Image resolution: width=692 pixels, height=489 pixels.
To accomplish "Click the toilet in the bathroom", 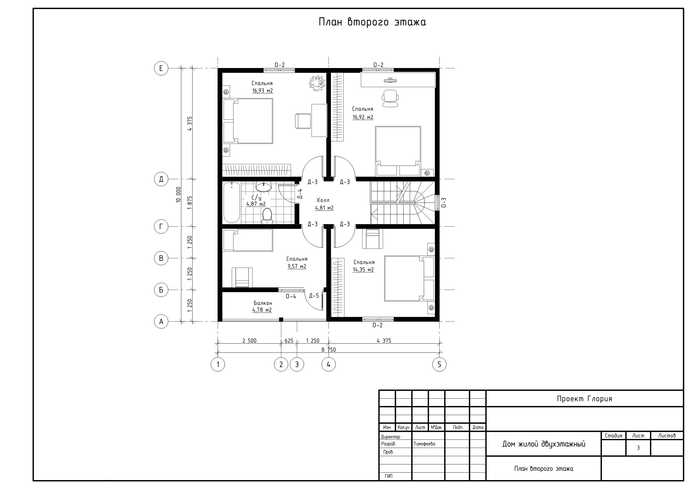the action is pyautogui.click(x=267, y=216).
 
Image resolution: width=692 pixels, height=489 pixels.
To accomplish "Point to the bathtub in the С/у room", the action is pyautogui.click(x=232, y=202).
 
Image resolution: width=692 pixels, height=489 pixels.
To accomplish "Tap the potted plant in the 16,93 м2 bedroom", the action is pyautogui.click(x=317, y=83).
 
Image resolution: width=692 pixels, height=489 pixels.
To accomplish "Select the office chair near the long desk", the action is pyautogui.click(x=390, y=98).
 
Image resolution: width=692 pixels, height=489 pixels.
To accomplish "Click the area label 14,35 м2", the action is pyautogui.click(x=363, y=270).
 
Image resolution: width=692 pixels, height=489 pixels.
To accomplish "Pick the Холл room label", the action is pyautogui.click(x=323, y=200).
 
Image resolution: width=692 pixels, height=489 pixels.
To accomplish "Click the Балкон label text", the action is pyautogui.click(x=263, y=303).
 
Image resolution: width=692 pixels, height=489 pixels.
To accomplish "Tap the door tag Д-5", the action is pyautogui.click(x=314, y=296).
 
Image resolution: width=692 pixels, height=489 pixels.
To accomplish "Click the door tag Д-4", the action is pyautogui.click(x=300, y=194).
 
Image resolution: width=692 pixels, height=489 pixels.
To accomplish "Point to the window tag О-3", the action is pyautogui.click(x=443, y=202).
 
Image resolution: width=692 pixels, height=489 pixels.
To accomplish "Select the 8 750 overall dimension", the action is pyautogui.click(x=328, y=350).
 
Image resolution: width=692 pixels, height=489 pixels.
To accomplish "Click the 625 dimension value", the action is pyautogui.click(x=289, y=341).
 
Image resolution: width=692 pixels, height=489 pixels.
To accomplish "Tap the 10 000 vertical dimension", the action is pyautogui.click(x=179, y=195).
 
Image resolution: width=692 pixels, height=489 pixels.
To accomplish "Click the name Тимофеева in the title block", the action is pyautogui.click(x=424, y=444).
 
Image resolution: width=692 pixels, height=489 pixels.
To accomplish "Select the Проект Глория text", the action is pyautogui.click(x=584, y=399).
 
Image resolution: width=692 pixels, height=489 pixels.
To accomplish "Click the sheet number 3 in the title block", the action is pyautogui.click(x=638, y=448).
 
